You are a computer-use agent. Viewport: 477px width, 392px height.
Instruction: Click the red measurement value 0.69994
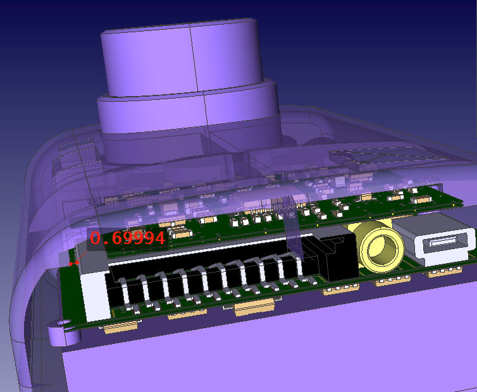pos(127,238)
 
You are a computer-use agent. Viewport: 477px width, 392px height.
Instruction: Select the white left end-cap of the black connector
pos(94,295)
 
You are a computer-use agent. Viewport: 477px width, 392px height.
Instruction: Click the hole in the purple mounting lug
pos(61,323)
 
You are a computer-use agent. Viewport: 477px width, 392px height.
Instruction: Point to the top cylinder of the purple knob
pos(182,58)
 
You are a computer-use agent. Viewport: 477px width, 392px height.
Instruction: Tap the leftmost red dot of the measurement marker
pos(71,264)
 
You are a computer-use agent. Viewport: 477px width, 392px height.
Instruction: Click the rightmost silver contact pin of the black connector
pos(301,267)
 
